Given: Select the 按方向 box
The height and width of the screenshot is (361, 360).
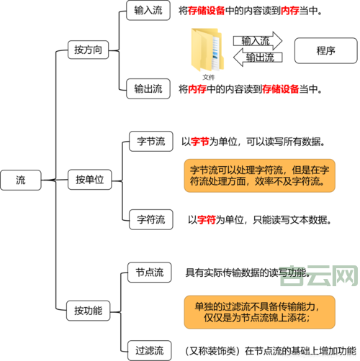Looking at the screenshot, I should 87,50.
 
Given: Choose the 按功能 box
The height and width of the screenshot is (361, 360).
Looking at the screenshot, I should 88,311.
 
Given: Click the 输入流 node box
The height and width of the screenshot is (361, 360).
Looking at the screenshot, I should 148,12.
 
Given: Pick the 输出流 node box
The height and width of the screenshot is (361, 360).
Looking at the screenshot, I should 148,89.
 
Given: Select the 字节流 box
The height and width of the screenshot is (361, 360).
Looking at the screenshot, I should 151,141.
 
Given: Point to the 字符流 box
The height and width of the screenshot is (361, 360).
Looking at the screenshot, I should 151,219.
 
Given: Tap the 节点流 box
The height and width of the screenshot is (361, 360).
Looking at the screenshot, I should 149,272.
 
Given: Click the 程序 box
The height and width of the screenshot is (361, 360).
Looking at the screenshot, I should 325,50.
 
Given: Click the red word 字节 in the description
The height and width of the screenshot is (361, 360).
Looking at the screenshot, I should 200,142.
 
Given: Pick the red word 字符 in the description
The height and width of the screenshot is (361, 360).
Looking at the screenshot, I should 207,219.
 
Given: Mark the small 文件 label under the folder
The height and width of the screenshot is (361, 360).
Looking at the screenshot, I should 209,76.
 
